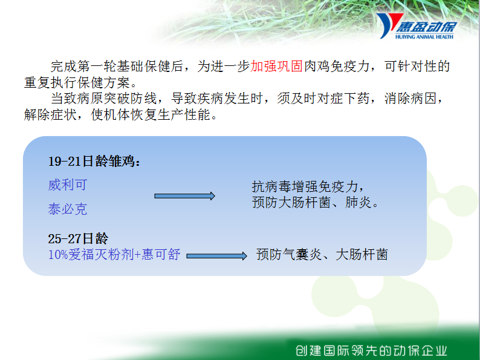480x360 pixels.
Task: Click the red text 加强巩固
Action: coord(277,66)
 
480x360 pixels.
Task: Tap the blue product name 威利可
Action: coord(68,185)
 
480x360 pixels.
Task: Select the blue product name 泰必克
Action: coord(68,209)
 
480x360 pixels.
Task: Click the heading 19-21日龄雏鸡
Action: coord(94,161)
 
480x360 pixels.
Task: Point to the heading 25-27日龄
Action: coord(79,238)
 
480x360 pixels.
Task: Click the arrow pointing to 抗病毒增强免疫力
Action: coord(184,196)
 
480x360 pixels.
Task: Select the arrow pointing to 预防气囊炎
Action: coord(217,256)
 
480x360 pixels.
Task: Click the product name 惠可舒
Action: coord(161,255)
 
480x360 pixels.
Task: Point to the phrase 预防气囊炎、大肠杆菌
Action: coord(322,255)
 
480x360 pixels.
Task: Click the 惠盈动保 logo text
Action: coord(426,27)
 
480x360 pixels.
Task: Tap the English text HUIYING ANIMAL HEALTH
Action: coord(424,37)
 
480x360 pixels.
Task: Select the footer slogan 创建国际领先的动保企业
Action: coord(371,350)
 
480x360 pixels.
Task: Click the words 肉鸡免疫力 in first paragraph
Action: coord(337,66)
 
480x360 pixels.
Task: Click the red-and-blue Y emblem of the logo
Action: coord(388,25)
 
